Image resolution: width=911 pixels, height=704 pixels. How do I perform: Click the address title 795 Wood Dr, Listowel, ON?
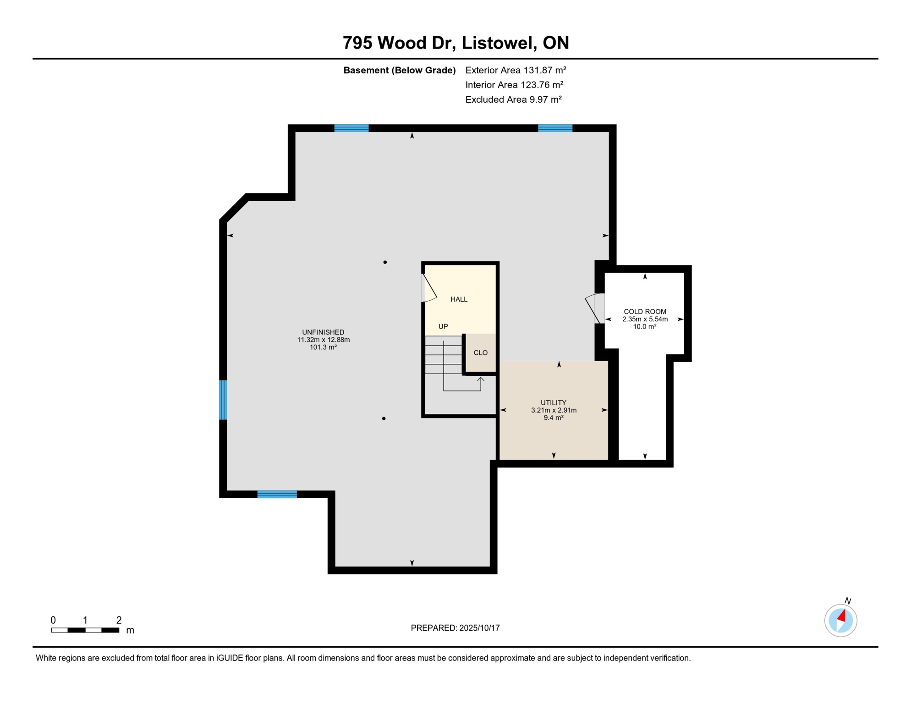point(455,43)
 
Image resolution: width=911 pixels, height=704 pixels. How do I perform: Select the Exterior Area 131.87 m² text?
point(516,70)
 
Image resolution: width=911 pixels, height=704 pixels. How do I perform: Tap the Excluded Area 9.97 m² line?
point(513,99)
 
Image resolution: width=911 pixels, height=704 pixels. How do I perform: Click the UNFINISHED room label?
point(323,332)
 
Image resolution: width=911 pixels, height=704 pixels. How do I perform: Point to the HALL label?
point(459,299)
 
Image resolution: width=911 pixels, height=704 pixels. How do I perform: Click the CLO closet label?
point(480,352)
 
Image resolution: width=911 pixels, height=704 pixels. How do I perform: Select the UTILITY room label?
point(554,402)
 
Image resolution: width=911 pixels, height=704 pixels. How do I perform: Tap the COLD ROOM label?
point(645,312)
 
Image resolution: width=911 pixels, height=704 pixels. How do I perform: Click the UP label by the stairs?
point(443,326)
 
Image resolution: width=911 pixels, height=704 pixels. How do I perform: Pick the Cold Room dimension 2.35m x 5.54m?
point(645,319)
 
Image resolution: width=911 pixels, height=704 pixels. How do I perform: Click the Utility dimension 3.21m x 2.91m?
point(554,410)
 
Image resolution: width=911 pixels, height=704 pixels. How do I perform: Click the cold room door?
point(594,308)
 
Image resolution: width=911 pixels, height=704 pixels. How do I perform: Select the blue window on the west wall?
point(223,400)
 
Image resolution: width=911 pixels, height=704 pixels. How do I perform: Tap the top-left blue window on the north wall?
point(351,128)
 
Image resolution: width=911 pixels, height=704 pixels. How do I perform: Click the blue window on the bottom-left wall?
point(277,494)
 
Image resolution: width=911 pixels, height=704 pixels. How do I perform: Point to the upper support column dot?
point(385,262)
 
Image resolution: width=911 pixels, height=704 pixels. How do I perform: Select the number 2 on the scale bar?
point(119,620)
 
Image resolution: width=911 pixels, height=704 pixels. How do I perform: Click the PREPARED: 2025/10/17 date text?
point(455,628)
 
